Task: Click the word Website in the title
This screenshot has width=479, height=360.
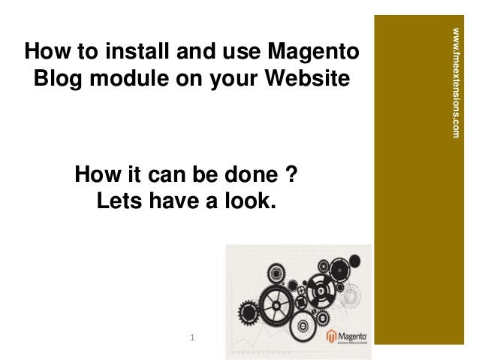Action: coord(306,78)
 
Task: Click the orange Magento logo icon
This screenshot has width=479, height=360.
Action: coord(330,337)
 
